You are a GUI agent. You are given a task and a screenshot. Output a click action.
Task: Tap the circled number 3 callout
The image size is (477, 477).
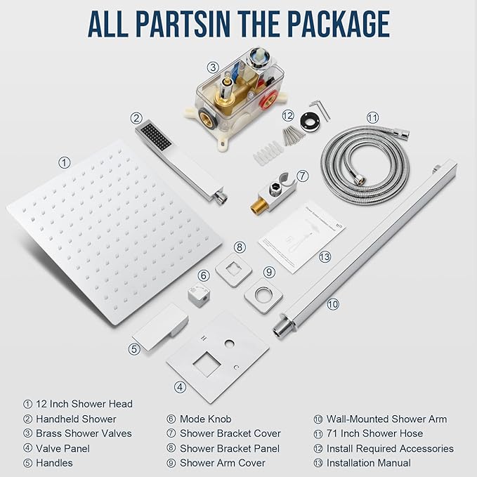(213, 67)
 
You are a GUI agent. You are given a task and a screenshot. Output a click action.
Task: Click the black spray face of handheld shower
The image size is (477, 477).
(154, 133)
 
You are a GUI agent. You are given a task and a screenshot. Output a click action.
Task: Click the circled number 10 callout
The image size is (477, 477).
(332, 304)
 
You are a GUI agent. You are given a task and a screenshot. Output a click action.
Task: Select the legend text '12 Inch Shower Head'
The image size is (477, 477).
(84, 403)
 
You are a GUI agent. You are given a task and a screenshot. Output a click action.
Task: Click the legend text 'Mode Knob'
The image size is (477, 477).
(205, 419)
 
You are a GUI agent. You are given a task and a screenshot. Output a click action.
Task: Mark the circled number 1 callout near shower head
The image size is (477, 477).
(65, 162)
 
